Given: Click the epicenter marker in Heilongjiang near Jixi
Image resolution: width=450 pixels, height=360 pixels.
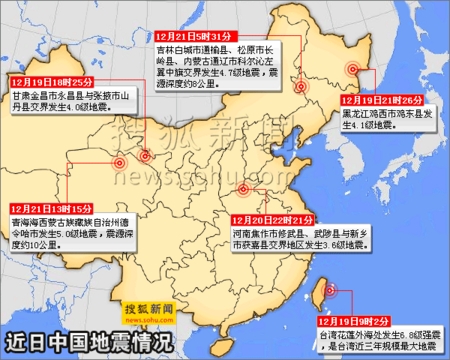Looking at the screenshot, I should tap(353, 69).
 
